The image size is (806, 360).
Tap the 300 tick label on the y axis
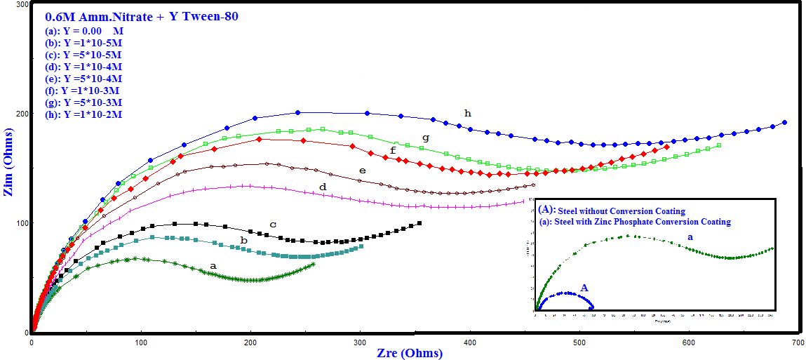coord(21,5)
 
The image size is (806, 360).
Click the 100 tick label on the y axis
coord(21,223)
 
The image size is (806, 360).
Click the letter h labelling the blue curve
coord(467,113)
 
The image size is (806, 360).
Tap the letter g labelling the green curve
coord(425,138)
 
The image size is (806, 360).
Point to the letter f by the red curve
coord(393,149)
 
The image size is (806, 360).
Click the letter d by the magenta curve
coord(323,187)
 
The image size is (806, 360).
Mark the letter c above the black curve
coord(273,224)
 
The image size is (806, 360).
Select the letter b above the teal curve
coord(243,240)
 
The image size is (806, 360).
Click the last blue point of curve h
coord(784,122)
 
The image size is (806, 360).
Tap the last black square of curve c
coord(419,223)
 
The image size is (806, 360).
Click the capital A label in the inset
coord(584,288)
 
